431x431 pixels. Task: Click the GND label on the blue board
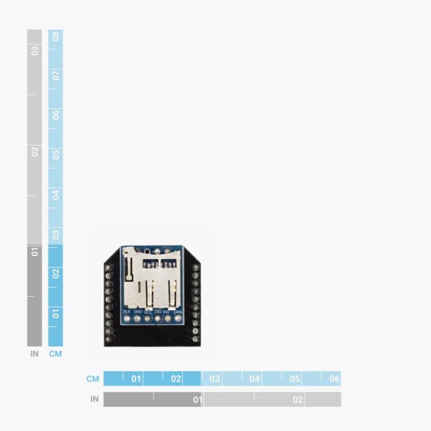137,311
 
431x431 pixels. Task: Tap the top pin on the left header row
108,267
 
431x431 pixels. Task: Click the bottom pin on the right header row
195,339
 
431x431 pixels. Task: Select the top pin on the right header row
195,267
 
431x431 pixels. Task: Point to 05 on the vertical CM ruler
56,154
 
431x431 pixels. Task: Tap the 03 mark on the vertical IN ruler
35,51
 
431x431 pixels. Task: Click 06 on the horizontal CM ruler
334,379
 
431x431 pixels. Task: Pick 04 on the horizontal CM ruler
255,379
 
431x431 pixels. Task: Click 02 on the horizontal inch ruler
297,400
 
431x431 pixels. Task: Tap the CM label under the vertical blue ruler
56,354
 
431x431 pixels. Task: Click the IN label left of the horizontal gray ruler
94,400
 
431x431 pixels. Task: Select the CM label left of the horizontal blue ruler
93,379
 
